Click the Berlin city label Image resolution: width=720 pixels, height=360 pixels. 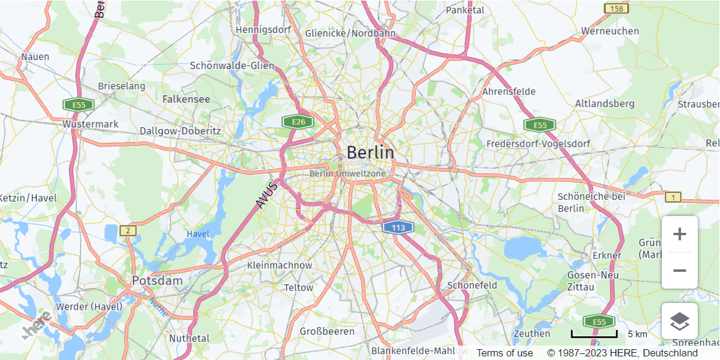[370, 152]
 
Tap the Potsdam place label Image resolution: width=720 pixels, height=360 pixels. [157, 280]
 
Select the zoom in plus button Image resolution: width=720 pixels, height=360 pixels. [679, 234]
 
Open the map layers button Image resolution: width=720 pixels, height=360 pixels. [679, 321]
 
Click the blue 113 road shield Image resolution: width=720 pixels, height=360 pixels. [398, 227]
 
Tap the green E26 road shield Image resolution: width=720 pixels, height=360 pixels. [298, 122]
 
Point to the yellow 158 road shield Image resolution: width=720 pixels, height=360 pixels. [617, 8]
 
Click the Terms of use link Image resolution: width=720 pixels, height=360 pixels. [505, 353]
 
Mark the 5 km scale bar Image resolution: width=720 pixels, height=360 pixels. [594, 334]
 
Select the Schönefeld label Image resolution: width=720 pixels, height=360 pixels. [472, 285]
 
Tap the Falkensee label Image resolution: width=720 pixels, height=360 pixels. [186, 99]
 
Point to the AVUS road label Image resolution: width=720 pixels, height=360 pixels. [266, 196]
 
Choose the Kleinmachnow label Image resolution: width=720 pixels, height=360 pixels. [280, 265]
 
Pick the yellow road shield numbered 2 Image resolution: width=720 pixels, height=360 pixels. [128, 230]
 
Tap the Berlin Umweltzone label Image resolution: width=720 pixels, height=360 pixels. [348, 173]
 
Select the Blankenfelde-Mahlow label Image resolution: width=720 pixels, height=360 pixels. [419, 350]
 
